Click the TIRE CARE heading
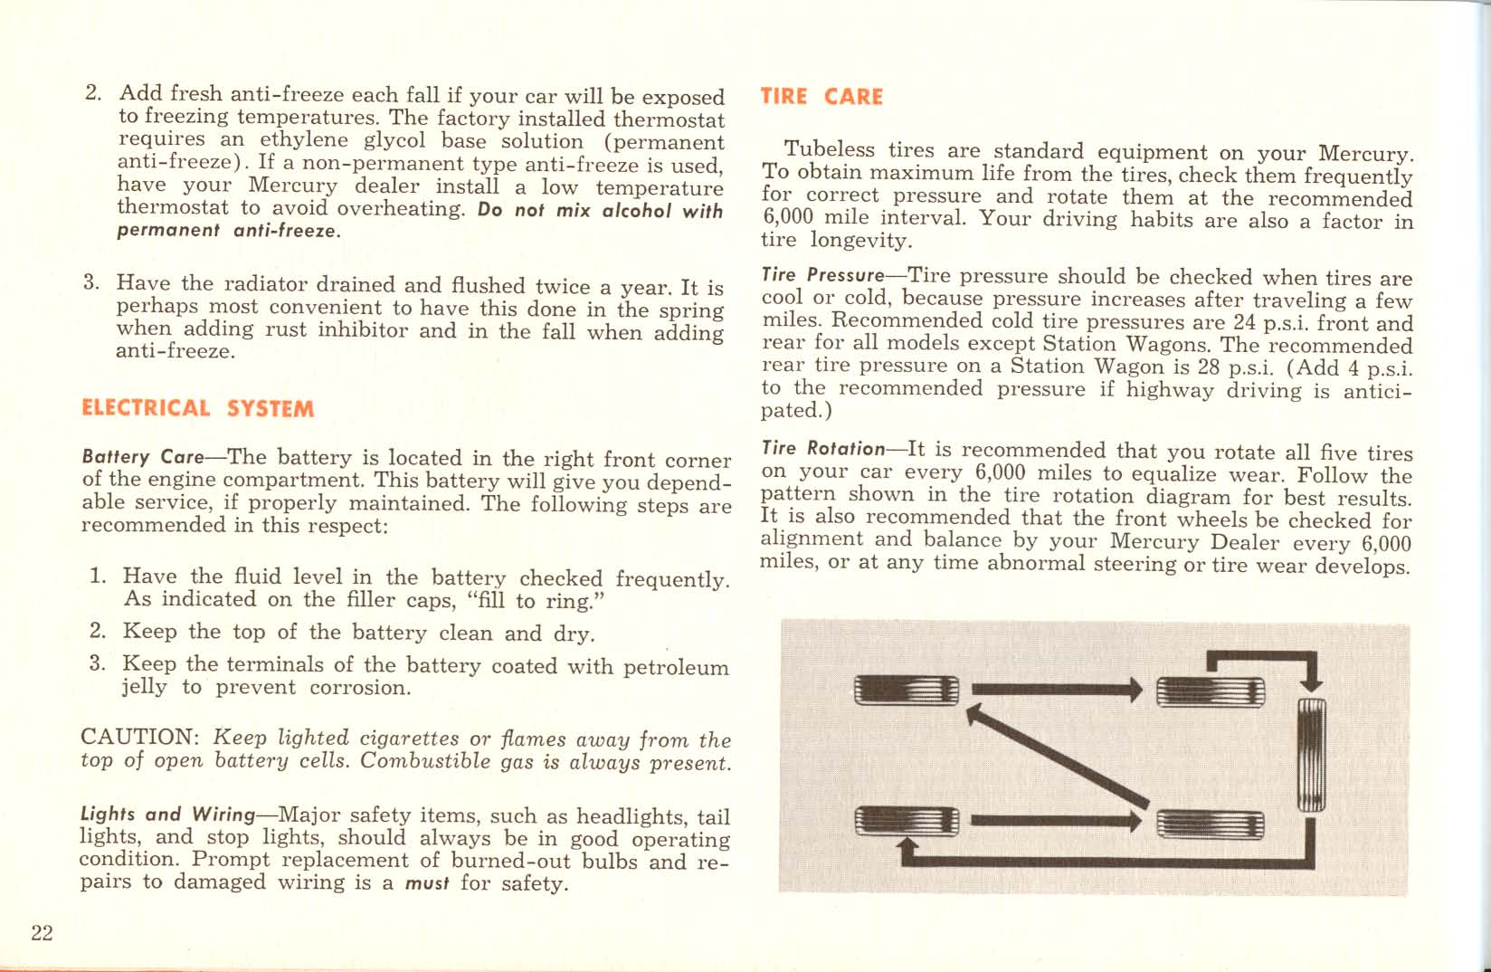(821, 97)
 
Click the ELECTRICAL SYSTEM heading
(197, 408)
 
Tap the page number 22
(42, 933)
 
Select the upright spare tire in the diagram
(1311, 755)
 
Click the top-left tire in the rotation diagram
(906, 691)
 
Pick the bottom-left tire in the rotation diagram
(906, 821)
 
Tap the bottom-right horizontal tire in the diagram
(1210, 823)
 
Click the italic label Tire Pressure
(821, 275)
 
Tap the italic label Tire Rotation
(822, 449)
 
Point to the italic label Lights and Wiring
(167, 815)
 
